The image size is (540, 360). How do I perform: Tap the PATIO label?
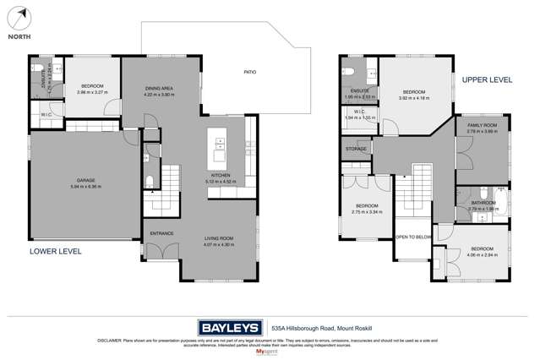[x=250, y=72]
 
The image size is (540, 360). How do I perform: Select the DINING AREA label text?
[x=159, y=89]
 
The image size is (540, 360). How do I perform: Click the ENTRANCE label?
[x=161, y=232]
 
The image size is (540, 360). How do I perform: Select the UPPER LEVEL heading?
[x=487, y=79]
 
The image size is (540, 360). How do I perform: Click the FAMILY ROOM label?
[x=483, y=125]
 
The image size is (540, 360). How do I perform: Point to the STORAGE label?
[x=356, y=149]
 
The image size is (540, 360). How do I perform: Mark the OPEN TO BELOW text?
[x=412, y=237]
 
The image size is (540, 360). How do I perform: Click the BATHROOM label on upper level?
[x=483, y=203]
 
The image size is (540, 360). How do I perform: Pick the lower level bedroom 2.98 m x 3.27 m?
[x=92, y=91]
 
